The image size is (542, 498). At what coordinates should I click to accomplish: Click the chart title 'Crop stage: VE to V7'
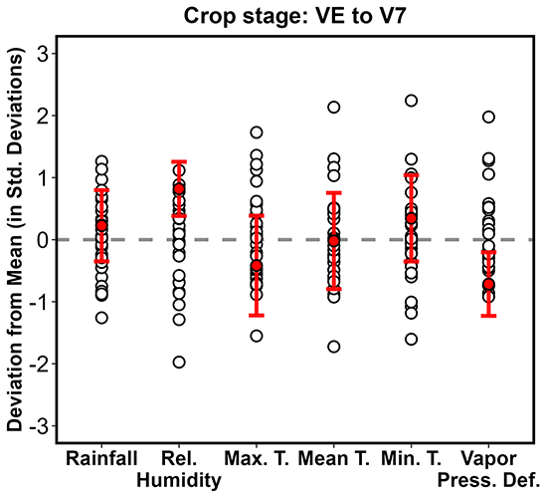[x=297, y=16]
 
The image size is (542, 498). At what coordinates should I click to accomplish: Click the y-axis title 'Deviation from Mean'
[x=16, y=239]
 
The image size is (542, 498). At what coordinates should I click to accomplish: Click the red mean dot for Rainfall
[x=101, y=226]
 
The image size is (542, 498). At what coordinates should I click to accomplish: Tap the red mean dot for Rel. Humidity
[x=179, y=189]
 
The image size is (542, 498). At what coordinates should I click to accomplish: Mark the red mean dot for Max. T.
[x=257, y=266]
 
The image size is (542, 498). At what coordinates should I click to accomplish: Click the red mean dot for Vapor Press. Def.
[x=488, y=285]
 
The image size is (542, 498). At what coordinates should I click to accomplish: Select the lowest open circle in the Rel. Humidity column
[x=179, y=362]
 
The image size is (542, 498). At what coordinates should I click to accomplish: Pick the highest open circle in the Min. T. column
[x=411, y=101]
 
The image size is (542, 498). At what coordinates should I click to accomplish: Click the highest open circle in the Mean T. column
[x=334, y=107]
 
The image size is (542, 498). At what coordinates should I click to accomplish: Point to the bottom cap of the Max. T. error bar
[x=257, y=315]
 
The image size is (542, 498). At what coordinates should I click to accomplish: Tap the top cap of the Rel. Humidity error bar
[x=179, y=161]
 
